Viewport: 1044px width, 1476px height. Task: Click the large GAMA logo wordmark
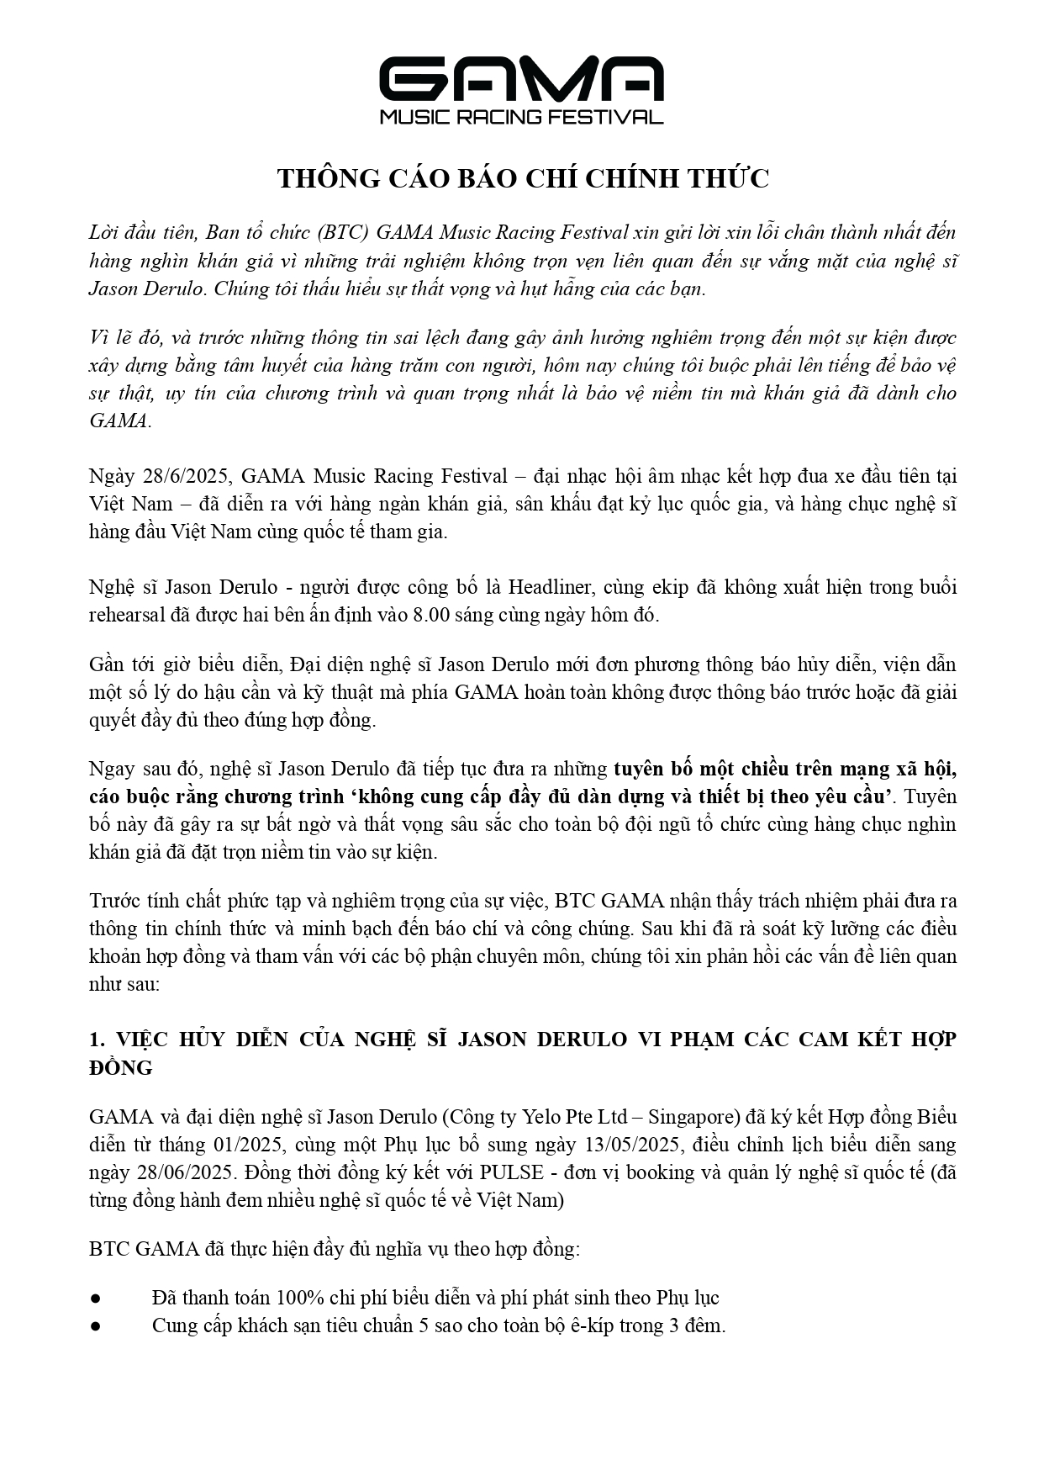point(521,79)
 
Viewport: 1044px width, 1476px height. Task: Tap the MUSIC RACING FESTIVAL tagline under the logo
point(521,117)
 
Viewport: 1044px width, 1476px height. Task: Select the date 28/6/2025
point(186,476)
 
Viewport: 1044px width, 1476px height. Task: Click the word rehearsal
point(126,615)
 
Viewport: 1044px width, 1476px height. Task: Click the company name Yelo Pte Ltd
point(574,1117)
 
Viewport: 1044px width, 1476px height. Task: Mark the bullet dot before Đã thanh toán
point(96,1299)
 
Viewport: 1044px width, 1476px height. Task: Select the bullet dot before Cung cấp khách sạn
point(96,1326)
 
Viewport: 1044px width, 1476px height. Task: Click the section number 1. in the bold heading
point(97,1040)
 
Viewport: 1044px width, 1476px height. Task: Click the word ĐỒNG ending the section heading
point(121,1067)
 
